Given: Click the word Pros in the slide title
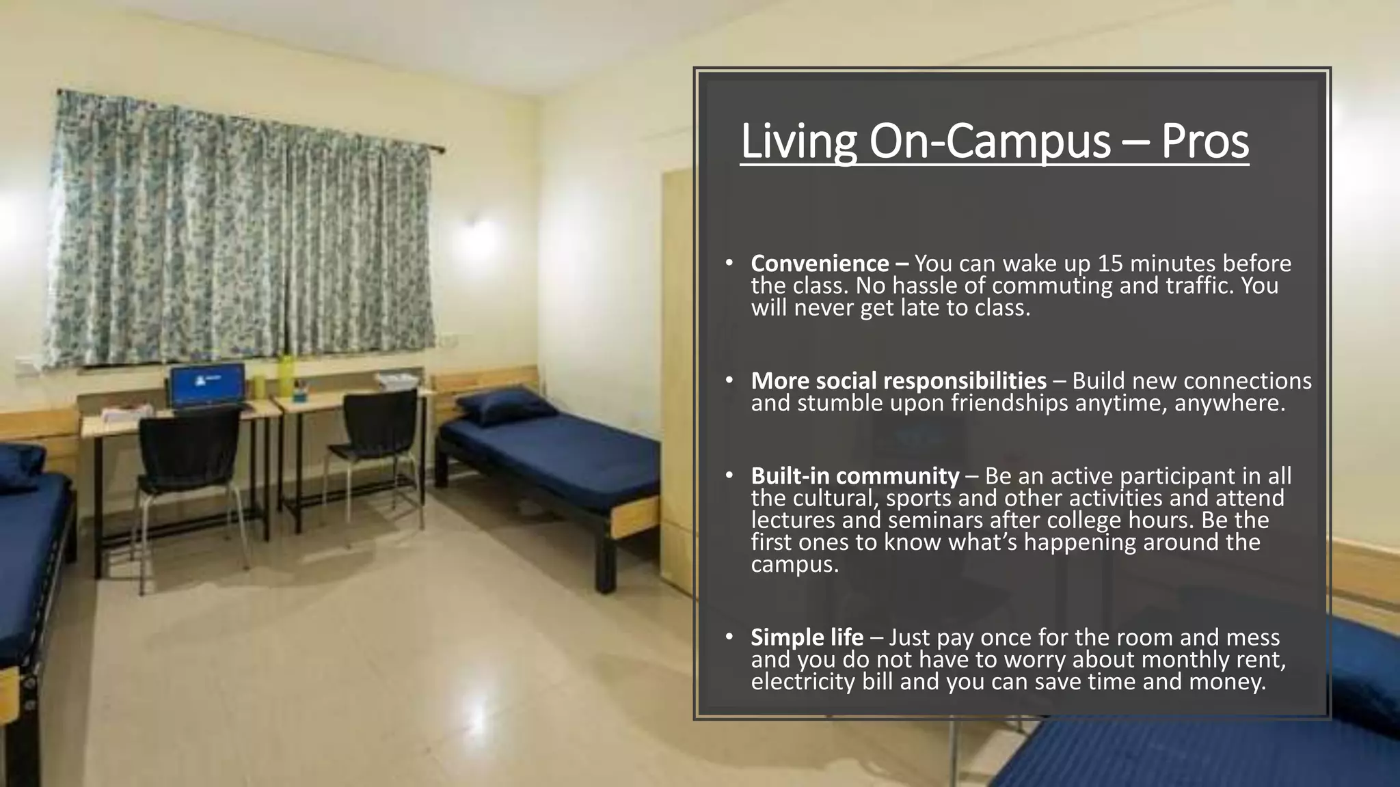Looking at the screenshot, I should (x=1204, y=141).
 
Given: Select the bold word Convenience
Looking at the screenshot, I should (x=820, y=263).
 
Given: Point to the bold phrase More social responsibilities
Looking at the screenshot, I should (x=898, y=381).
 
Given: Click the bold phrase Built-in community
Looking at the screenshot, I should (x=854, y=475).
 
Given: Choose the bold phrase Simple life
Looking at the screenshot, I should (x=807, y=637).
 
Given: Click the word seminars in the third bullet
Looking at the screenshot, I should (x=936, y=521).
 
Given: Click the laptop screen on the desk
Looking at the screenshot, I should (x=207, y=385).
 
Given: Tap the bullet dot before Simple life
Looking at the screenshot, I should (x=729, y=637).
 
